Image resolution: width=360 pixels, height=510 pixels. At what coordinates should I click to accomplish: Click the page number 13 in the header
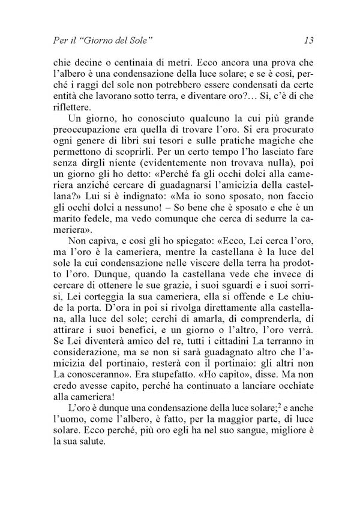click(310, 41)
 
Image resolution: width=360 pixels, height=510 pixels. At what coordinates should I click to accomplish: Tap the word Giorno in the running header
click(98, 41)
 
